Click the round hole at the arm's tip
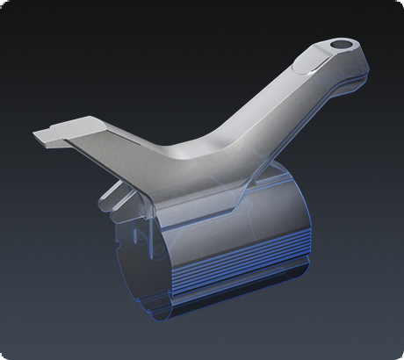(x=340, y=44)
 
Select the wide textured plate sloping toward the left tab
(x=132, y=149)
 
